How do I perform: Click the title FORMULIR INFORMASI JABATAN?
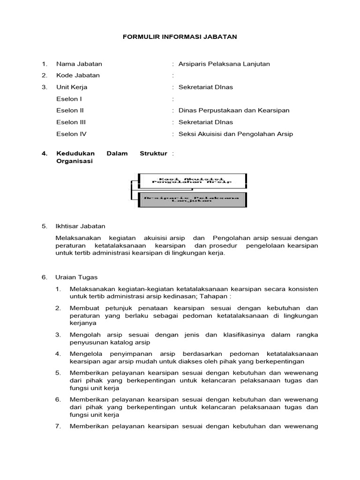coord(180,36)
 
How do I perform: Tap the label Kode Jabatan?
coord(78,75)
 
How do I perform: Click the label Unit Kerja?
coord(72,87)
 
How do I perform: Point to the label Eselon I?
coord(69,99)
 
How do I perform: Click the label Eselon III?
coord(71,122)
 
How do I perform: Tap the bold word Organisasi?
coord(75,161)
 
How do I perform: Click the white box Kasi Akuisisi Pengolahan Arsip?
coord(192,180)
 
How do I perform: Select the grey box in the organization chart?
coord(192,199)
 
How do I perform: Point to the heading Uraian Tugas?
coord(77,277)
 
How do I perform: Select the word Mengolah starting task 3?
coord(84,335)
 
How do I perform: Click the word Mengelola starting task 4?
coord(85,353)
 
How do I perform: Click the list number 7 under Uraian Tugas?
coord(58,427)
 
